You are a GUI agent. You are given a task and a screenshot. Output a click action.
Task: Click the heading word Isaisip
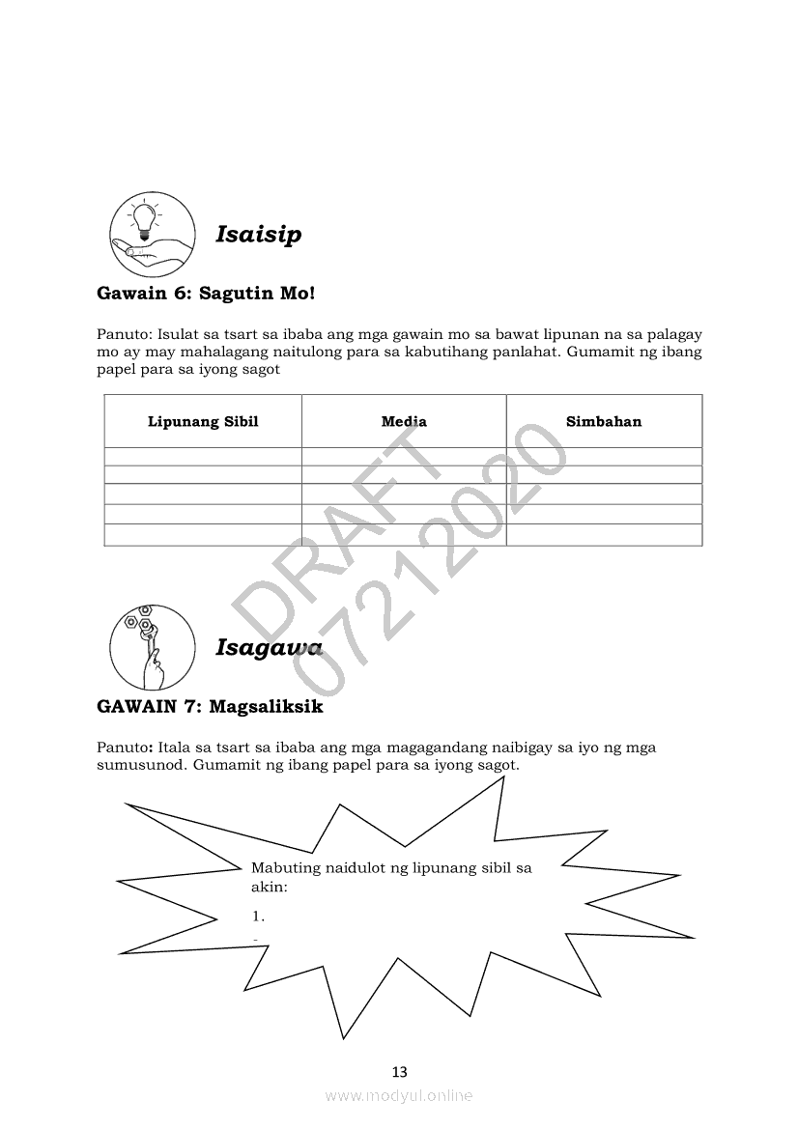click(258, 235)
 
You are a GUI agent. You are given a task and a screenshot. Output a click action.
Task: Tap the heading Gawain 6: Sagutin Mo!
click(206, 292)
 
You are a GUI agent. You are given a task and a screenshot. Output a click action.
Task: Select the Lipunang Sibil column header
click(203, 421)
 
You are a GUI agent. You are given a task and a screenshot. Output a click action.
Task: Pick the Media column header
click(404, 421)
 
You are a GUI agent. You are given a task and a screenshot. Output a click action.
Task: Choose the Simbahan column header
click(604, 421)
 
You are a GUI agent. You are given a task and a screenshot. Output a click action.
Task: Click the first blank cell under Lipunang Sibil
click(203, 457)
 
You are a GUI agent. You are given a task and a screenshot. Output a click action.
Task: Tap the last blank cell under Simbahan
click(604, 534)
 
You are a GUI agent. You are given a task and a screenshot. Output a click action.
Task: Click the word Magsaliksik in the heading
click(266, 707)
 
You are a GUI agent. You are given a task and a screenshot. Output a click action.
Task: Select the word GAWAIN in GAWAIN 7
click(135, 707)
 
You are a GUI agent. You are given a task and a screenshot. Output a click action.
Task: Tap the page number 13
click(400, 1071)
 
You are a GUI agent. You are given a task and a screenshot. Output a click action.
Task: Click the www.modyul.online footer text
click(399, 1095)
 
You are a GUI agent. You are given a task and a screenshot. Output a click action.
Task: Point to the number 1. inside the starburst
click(258, 916)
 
